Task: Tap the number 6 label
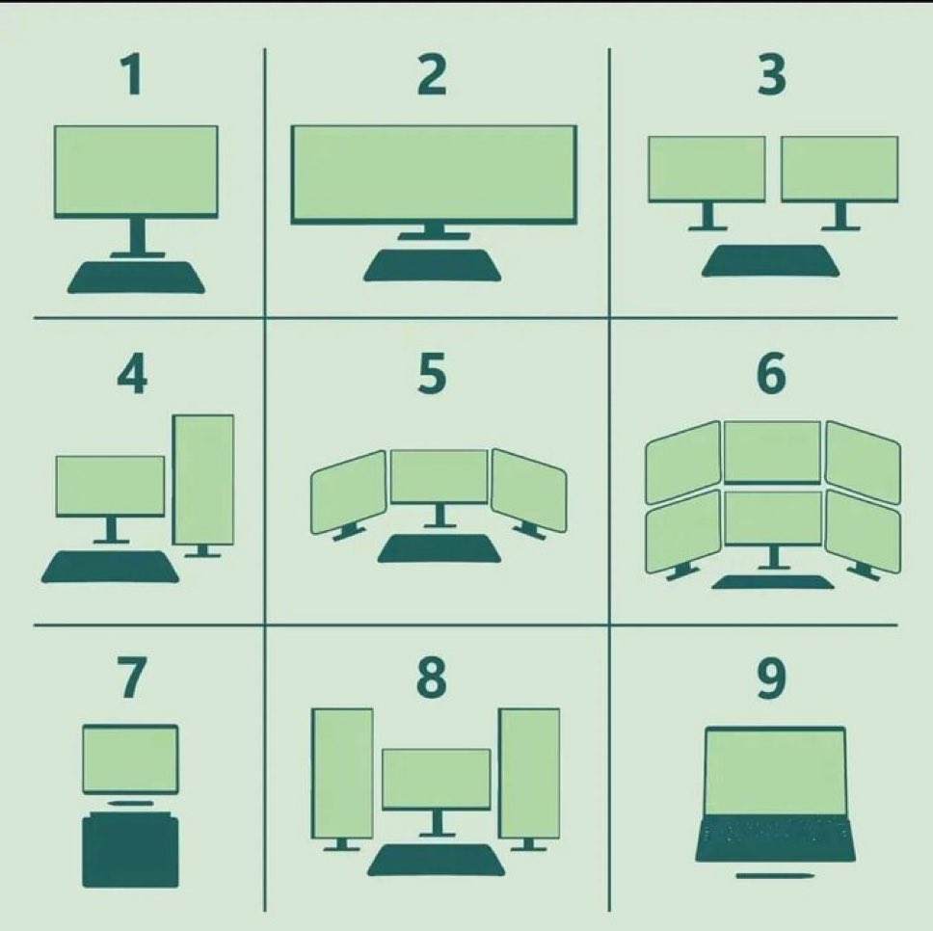pyautogui.click(x=771, y=373)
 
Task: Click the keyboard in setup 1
pyautogui.click(x=136, y=278)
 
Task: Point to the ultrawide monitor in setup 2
pyautogui.click(x=434, y=174)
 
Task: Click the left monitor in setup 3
pyautogui.click(x=706, y=170)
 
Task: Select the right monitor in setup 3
pyautogui.click(x=840, y=170)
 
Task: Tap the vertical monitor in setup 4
pyautogui.click(x=203, y=480)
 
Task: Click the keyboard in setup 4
pyautogui.click(x=110, y=567)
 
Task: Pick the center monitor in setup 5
pyautogui.click(x=440, y=476)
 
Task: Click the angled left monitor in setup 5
pyautogui.click(x=349, y=492)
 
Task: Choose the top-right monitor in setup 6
pyautogui.click(x=863, y=462)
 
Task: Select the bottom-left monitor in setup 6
pyautogui.click(x=683, y=531)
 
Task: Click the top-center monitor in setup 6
pyautogui.click(x=772, y=451)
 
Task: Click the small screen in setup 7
pyautogui.click(x=130, y=759)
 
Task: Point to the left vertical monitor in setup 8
pyautogui.click(x=343, y=773)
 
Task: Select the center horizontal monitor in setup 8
pyautogui.click(x=437, y=780)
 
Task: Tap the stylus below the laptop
pyautogui.click(x=775, y=875)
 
